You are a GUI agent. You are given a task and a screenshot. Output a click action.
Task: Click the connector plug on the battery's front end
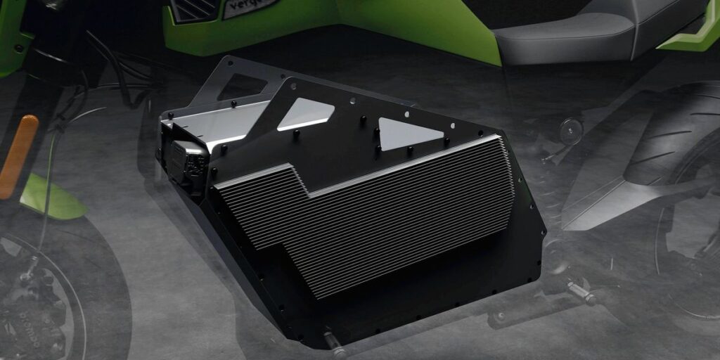coord(184,162)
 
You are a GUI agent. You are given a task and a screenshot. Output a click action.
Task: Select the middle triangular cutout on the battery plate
coord(305,112)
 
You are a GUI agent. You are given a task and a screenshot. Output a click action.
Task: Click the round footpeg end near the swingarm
coord(570,128)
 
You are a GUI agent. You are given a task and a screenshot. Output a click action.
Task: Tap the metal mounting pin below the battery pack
coord(335,344)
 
